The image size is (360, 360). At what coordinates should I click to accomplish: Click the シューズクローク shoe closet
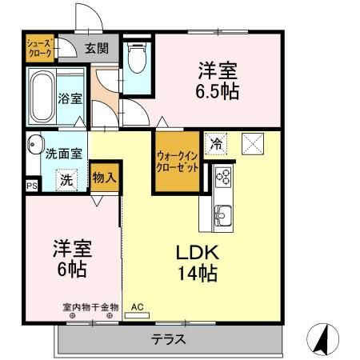tap(39, 49)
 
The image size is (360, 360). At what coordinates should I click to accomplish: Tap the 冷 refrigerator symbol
tap(216, 144)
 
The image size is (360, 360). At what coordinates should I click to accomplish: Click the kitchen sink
tap(222, 214)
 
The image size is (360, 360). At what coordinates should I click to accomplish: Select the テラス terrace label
tap(169, 339)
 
